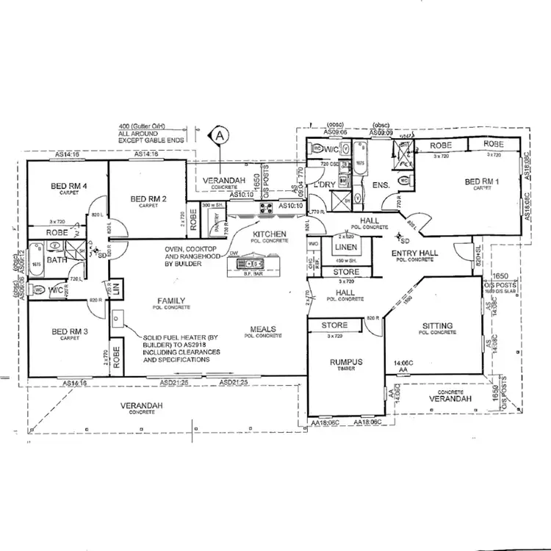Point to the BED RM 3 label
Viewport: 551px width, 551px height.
click(70, 332)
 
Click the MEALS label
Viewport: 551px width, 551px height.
click(263, 328)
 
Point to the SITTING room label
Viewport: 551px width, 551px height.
click(438, 325)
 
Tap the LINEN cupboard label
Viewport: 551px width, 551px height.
click(345, 248)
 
